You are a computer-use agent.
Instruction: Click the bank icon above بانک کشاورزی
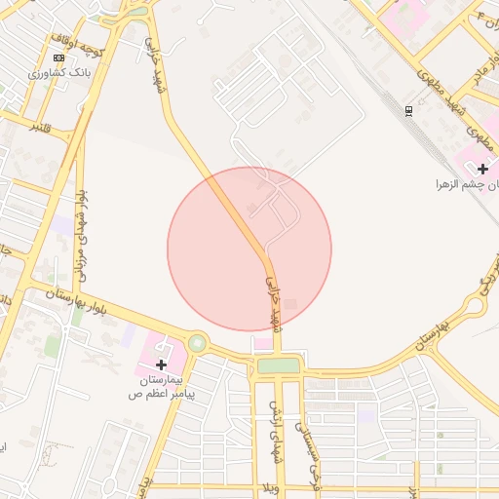59,58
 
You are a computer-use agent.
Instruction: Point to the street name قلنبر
40,127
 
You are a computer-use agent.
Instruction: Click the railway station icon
408,109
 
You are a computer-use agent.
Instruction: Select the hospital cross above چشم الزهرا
482,169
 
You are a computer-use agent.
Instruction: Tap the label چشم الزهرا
467,183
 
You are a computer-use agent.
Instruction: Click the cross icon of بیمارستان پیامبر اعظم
161,364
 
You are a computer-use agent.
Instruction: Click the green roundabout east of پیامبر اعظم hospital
198,343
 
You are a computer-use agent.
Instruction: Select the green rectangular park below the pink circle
279,365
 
